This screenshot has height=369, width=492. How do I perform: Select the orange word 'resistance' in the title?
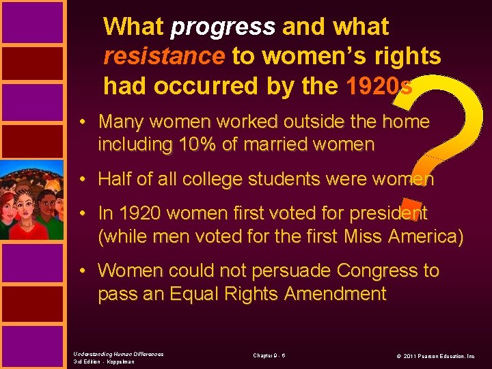click(x=163, y=56)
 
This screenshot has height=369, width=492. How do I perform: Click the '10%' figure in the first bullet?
click(x=196, y=144)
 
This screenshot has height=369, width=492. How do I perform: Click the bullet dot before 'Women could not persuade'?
click(x=81, y=271)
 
